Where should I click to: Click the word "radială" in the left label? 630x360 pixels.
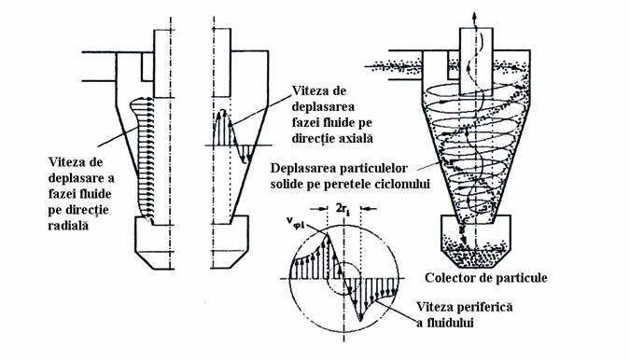[x=68, y=226]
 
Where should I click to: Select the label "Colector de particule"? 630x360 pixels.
[x=486, y=278]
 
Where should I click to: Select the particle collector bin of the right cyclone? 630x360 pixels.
[x=476, y=242]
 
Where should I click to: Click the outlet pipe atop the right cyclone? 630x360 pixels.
[x=476, y=64]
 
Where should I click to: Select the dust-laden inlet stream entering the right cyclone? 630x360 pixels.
[x=393, y=66]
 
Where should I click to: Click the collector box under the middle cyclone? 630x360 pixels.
[x=231, y=242]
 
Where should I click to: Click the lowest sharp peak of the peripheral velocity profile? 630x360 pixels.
[x=360, y=320]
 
